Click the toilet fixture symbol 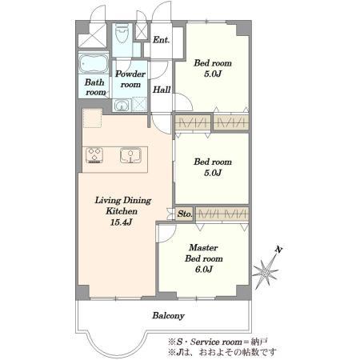click(x=122, y=34)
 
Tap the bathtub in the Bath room click(x=94, y=64)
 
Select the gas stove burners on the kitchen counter click(x=94, y=155)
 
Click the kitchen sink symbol click(x=130, y=155)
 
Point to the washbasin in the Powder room click(x=122, y=105)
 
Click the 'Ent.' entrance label click(x=161, y=40)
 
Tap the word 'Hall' click(x=162, y=90)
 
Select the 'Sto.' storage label click(x=185, y=214)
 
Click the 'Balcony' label click(x=169, y=316)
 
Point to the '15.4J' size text click(x=122, y=222)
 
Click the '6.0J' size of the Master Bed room click(x=204, y=270)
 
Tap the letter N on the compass click(x=278, y=250)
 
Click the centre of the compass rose click(x=266, y=273)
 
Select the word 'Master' click(x=203, y=247)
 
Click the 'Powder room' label click(x=130, y=79)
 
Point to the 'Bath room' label click(x=95, y=87)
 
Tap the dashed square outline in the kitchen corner click(x=92, y=118)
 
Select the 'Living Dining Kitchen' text click(x=123, y=206)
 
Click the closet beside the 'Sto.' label click(x=222, y=214)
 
